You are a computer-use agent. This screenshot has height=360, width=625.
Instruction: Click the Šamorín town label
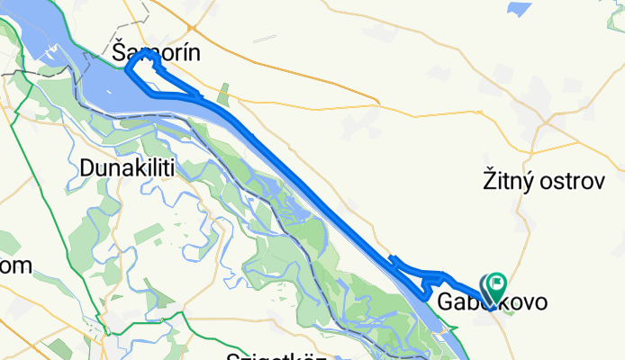pos(156,54)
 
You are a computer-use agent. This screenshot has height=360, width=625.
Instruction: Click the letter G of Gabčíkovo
pos(446,303)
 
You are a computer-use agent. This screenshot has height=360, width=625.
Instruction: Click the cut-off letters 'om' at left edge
pos(15,265)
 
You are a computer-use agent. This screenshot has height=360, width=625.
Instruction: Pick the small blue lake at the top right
pos(520,10)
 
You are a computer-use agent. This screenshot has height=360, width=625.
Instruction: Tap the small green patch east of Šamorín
pos(223,93)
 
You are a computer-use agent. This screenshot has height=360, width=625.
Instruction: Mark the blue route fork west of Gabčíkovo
pos(396,264)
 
